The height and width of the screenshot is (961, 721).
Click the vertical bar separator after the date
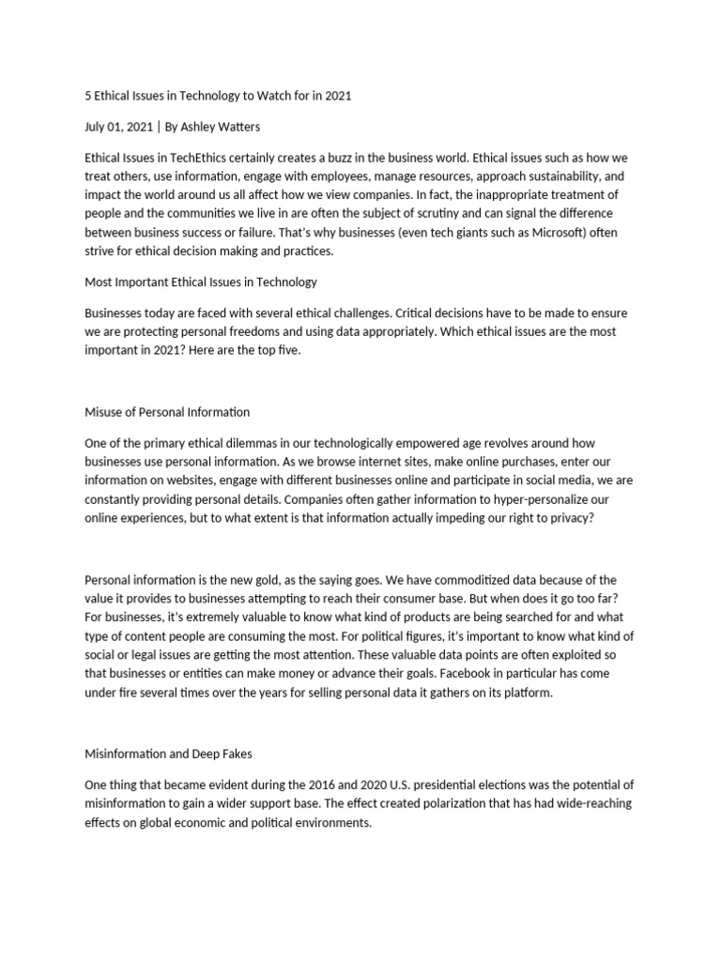(x=157, y=127)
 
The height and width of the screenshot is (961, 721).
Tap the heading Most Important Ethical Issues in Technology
(x=201, y=282)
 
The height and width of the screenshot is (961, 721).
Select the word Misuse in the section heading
(x=103, y=411)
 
